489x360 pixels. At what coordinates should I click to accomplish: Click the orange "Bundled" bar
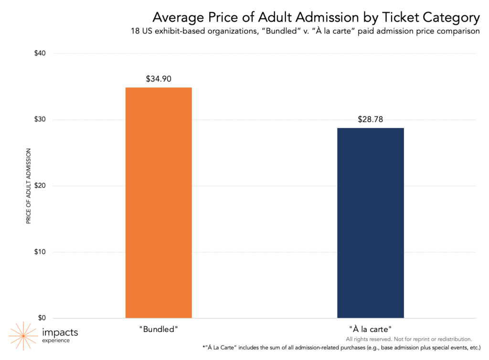point(159,202)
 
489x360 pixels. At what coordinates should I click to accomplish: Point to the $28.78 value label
point(370,119)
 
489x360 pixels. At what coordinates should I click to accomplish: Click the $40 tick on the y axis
point(40,53)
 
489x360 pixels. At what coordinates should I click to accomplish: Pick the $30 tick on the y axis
point(40,119)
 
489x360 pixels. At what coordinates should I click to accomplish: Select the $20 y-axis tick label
point(40,186)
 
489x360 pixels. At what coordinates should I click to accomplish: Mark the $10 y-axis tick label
point(40,252)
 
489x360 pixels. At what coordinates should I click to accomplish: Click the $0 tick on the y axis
point(42,318)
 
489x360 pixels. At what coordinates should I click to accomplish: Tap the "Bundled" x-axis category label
point(159,329)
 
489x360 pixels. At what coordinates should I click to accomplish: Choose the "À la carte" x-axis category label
point(370,329)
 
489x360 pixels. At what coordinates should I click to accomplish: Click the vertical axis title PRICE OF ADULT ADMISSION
point(28,186)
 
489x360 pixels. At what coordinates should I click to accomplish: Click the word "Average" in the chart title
point(176,18)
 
